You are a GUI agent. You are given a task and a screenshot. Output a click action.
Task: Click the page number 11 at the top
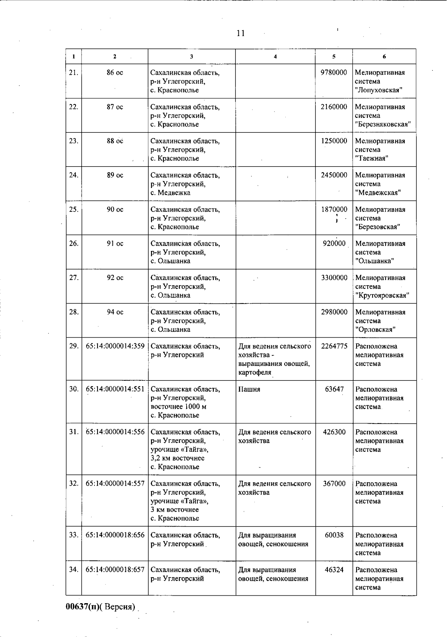[x=241, y=33]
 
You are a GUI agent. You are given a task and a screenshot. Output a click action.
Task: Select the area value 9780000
[x=334, y=73]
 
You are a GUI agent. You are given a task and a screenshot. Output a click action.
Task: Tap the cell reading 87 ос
[x=115, y=107]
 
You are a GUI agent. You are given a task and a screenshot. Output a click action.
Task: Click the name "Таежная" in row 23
[x=372, y=158]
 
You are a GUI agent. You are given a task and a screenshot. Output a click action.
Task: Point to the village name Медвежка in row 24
[x=174, y=193]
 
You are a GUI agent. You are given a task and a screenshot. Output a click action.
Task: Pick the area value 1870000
[x=334, y=209]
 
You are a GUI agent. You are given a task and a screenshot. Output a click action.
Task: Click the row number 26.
[x=74, y=244]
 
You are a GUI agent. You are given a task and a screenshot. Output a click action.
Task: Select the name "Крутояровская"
[x=382, y=295]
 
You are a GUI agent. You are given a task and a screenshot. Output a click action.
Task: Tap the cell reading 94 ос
[x=115, y=312]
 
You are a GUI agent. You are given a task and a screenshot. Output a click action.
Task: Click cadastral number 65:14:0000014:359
[x=115, y=346]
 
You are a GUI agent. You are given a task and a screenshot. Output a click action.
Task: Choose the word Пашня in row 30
[x=249, y=389]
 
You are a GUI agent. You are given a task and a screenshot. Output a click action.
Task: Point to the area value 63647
[x=334, y=389]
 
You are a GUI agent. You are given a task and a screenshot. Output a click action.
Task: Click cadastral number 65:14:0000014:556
[x=115, y=432]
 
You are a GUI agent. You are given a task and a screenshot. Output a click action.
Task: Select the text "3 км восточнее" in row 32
[x=175, y=509]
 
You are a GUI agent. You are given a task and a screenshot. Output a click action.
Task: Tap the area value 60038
[x=334, y=535]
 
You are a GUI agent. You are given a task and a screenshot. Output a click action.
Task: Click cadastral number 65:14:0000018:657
[x=115, y=570]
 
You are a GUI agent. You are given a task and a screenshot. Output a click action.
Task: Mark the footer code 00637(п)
[x=83, y=607]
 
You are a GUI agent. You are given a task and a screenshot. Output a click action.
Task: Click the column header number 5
[x=334, y=57]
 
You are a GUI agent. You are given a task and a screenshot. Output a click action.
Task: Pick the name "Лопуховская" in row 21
[x=378, y=90]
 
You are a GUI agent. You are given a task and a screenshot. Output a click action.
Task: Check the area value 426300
[x=334, y=432]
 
